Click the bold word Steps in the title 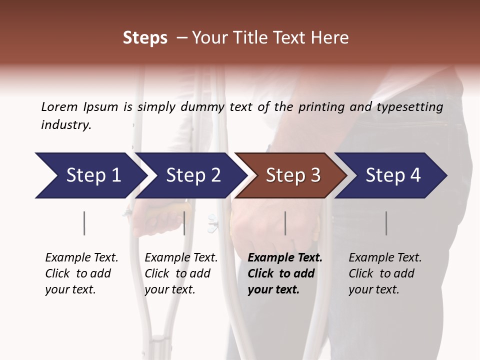tap(145, 38)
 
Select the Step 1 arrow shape tap(90, 175)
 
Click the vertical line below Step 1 tap(84, 223)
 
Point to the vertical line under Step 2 tap(184, 223)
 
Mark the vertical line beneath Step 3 tap(285, 223)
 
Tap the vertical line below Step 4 tap(386, 223)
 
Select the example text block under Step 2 tap(181, 273)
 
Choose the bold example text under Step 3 tap(285, 273)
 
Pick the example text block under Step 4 tap(385, 273)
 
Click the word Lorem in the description tap(59, 106)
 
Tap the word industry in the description tap(66, 125)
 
